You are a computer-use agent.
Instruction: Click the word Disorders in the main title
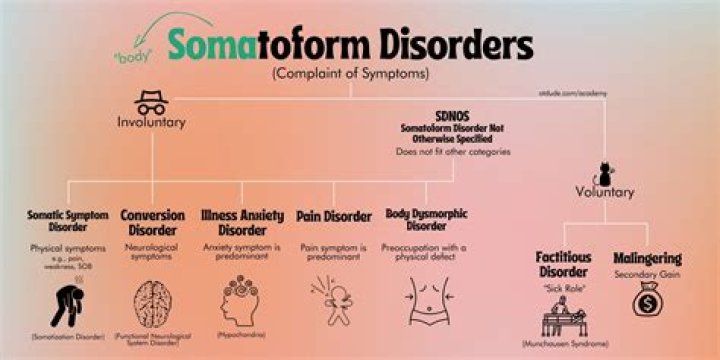[x=445, y=45]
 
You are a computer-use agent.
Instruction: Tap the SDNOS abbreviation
[x=452, y=115]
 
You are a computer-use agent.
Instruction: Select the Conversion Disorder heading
[x=152, y=221]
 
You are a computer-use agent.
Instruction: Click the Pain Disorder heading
[x=335, y=215]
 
